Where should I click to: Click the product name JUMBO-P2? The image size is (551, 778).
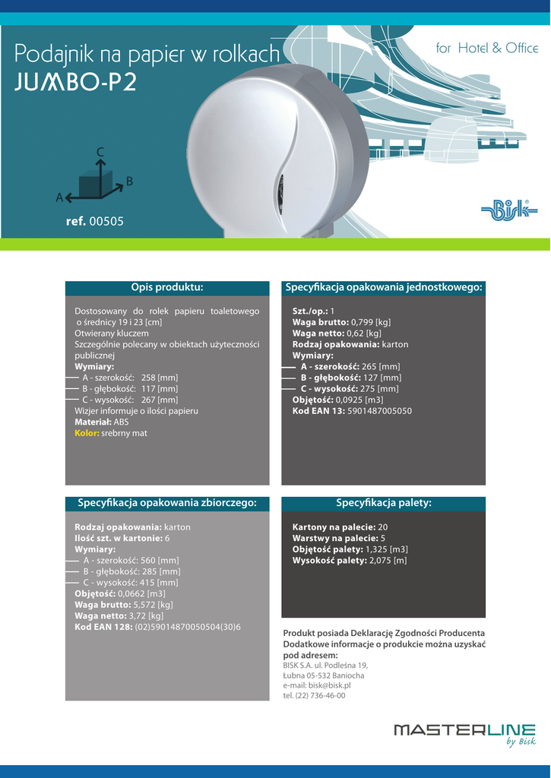75,83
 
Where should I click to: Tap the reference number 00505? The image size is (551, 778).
106,222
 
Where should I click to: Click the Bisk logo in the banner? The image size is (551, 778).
509,210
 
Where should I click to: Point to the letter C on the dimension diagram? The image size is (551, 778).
100,153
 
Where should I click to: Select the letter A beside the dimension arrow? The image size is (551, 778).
59,198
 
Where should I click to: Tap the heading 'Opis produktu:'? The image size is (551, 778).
167,287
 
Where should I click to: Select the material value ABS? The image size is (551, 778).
122,422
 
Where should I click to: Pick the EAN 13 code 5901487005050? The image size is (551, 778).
379,411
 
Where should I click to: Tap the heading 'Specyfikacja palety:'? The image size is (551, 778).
384,503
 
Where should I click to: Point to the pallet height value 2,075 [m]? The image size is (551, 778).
388,561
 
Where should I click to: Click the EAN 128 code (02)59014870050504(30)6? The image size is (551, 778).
188,627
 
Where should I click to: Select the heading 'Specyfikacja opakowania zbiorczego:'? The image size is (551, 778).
167,503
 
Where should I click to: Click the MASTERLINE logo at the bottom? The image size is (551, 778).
464,732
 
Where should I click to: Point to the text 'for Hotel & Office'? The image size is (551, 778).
487,49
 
